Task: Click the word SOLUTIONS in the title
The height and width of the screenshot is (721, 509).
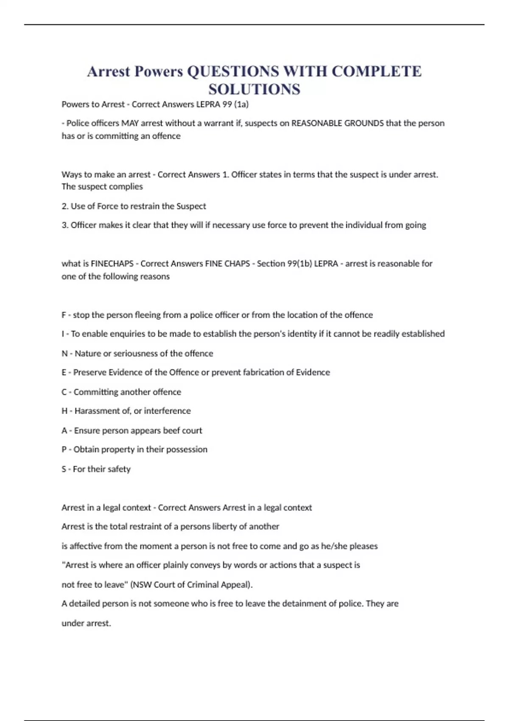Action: tap(254, 89)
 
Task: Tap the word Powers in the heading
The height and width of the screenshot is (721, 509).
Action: tap(158, 71)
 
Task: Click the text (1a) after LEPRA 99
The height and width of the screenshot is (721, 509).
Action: tap(241, 104)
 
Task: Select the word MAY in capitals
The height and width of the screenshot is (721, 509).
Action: tap(130, 123)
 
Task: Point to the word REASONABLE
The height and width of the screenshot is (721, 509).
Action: tap(316, 123)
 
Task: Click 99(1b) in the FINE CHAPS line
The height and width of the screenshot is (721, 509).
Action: tap(299, 264)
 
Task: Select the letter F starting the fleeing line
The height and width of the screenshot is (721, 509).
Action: tap(64, 315)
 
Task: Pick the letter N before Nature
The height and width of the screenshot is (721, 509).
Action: tap(64, 354)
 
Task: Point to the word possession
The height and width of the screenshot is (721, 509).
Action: tap(187, 450)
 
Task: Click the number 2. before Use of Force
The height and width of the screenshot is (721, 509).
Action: tap(65, 207)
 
